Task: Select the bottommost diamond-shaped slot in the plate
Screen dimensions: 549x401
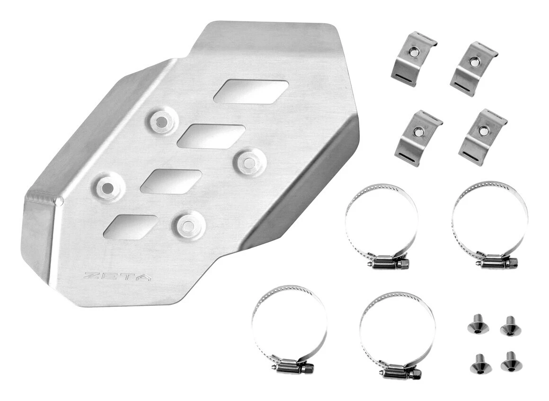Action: coord(131,227)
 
